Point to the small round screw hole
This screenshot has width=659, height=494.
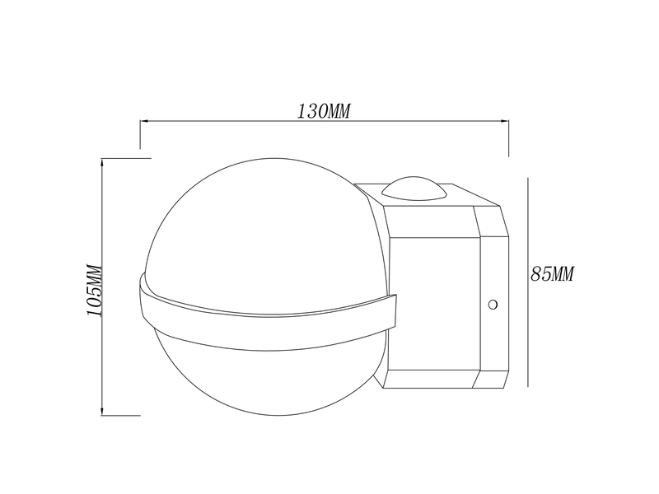pyautogui.click(x=493, y=305)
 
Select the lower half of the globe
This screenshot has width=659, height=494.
pyautogui.click(x=264, y=370)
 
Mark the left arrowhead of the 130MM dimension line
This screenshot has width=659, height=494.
pyautogui.click(x=143, y=122)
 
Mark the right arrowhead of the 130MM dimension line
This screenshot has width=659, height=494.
pyautogui.click(x=505, y=122)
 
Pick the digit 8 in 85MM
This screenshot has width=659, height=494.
pyautogui.click(x=536, y=275)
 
